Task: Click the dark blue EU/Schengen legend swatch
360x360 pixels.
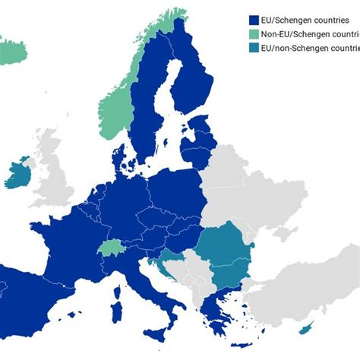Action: tap(254, 21)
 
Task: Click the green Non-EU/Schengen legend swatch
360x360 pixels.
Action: tap(254, 35)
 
